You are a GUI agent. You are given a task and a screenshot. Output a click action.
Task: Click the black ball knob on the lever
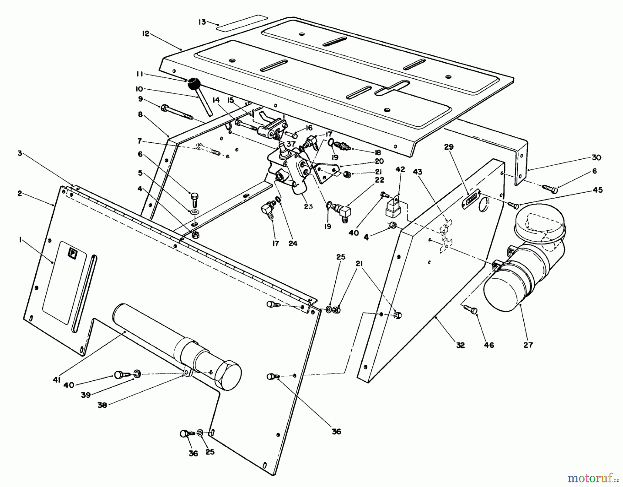[x=194, y=83]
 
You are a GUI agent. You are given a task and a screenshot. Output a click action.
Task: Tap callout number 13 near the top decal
[x=202, y=22]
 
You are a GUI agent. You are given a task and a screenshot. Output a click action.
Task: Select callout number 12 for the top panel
[x=145, y=34]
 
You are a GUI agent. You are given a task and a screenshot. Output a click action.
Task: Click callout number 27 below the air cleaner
[x=528, y=345]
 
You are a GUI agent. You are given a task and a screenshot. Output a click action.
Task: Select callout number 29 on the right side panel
[x=449, y=147]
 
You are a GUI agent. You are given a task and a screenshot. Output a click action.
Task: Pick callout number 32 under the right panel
[x=460, y=345]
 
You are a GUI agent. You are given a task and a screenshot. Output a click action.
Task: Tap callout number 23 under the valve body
[x=308, y=206]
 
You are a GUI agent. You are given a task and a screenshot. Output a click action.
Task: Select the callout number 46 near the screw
[x=489, y=345]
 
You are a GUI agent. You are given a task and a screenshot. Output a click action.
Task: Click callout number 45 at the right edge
[x=597, y=190]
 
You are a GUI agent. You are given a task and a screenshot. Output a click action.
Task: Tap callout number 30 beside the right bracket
[x=596, y=158]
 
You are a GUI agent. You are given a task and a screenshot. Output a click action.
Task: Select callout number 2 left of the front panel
[x=20, y=193]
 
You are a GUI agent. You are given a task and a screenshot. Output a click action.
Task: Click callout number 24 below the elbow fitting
[x=293, y=244]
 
